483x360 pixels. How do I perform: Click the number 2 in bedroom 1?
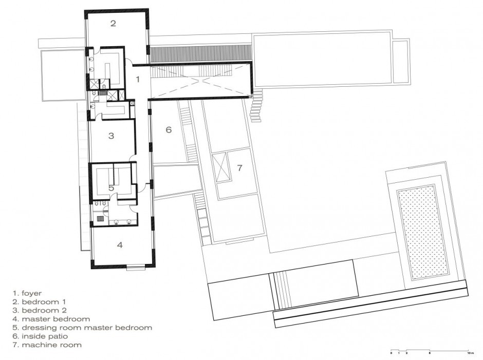113,23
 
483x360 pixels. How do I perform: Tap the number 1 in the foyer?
137,79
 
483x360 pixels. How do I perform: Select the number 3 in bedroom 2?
111,136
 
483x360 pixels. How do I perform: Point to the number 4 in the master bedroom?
120,245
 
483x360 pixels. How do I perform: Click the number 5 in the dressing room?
112,188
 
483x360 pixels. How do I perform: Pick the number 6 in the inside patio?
168,130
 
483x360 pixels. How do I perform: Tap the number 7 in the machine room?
239,168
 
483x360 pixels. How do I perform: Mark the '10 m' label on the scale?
470,354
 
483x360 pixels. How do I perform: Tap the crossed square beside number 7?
222,167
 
